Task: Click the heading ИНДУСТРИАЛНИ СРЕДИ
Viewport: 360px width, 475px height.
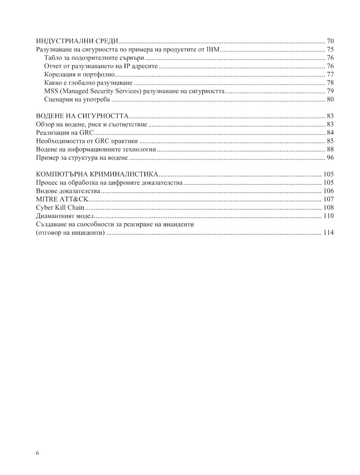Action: coord(78,41)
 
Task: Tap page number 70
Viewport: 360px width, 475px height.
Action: coord(330,41)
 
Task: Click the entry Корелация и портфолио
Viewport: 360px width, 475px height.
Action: coord(80,74)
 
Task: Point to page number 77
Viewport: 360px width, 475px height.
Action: coord(330,74)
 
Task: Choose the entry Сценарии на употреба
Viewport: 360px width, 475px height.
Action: coord(77,99)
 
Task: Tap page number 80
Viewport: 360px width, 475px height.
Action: coord(330,99)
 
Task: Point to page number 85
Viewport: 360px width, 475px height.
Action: coord(330,141)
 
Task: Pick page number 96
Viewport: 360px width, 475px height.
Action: coord(330,158)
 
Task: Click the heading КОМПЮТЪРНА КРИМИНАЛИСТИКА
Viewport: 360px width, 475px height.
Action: coord(97,174)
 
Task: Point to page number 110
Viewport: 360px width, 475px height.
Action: coord(328,216)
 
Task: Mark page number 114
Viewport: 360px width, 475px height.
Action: coord(328,232)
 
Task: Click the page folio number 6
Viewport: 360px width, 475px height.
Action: coord(37,453)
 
